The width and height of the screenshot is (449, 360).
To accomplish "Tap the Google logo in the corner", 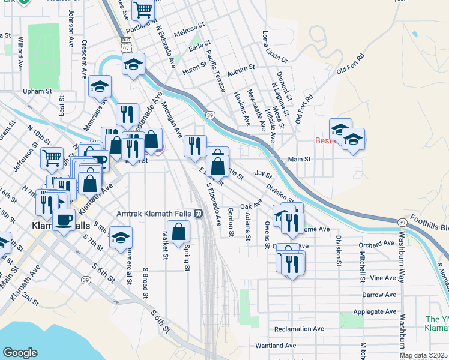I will click(20, 353).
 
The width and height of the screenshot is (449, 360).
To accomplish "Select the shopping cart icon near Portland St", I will click(143, 10).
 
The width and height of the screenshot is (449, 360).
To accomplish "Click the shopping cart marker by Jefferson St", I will click(52, 158).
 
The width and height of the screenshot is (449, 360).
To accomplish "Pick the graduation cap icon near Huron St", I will click(133, 65).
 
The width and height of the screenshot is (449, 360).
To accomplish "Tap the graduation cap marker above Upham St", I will click(100, 86).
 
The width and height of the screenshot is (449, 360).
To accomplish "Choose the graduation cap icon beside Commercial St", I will click(121, 238).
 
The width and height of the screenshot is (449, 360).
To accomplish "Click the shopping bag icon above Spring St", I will click(179, 232).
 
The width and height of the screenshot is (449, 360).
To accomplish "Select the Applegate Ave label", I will click(379, 312).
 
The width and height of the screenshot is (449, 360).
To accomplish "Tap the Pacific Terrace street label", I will click(215, 71).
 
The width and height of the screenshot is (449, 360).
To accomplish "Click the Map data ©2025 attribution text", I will click(423, 355).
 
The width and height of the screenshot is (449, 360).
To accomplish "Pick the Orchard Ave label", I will click(376, 244).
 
